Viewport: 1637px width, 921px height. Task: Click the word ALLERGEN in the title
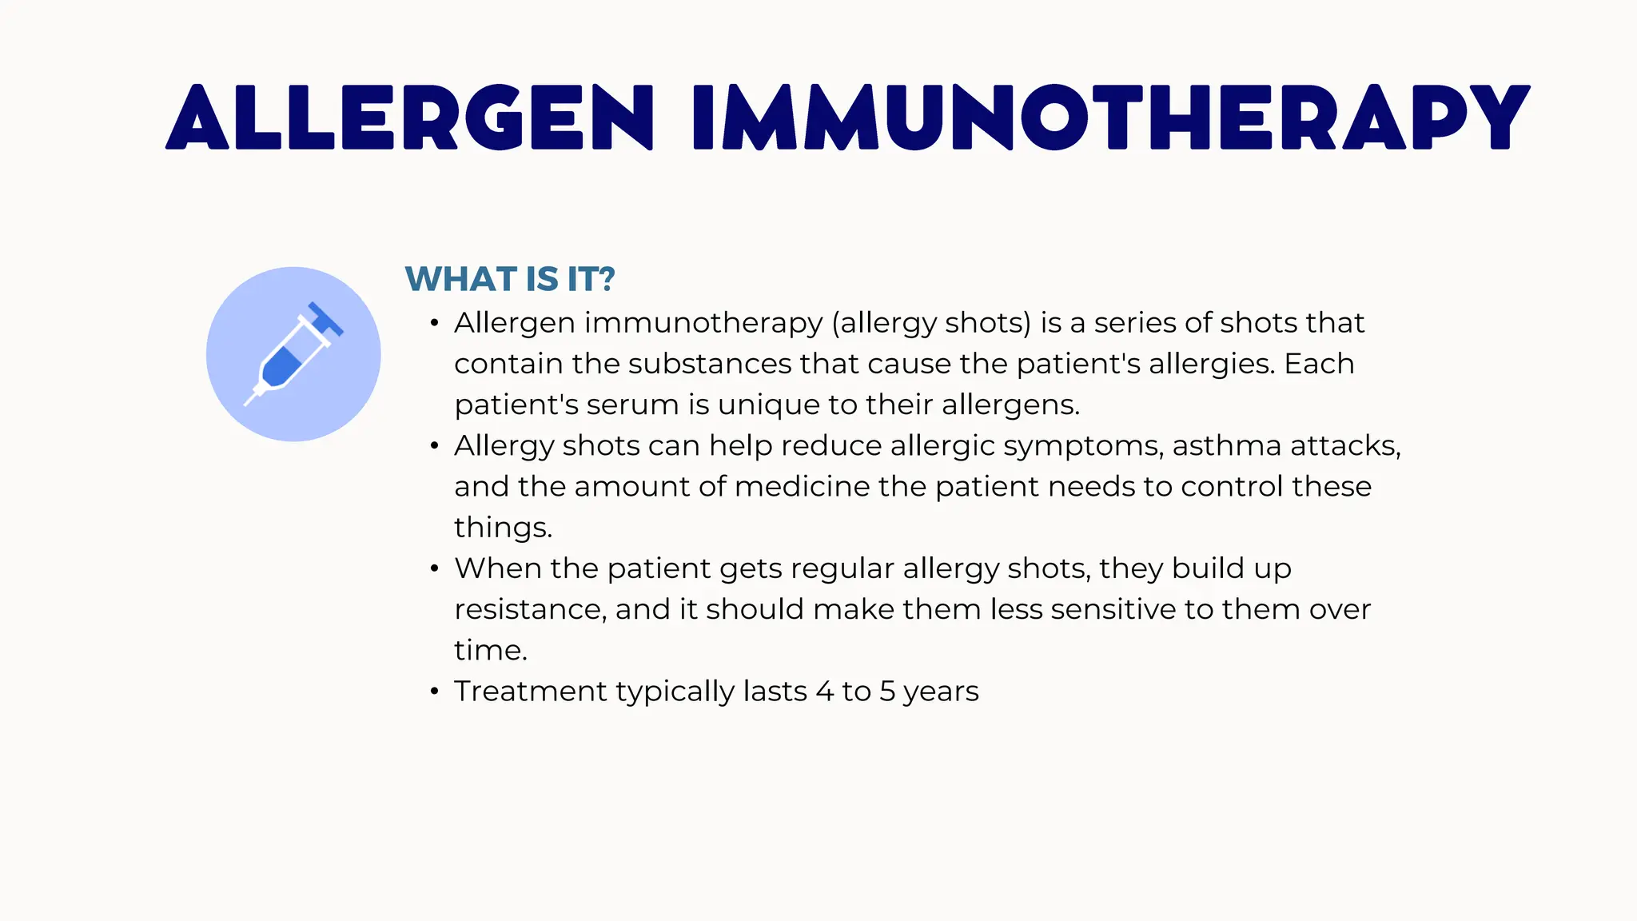409,118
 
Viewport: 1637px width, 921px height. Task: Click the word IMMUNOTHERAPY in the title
1111,118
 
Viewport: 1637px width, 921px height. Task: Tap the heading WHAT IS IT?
510,279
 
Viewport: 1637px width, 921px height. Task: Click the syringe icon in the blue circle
293,354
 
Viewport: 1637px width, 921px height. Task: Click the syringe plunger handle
326,319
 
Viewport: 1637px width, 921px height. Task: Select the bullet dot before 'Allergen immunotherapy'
434,324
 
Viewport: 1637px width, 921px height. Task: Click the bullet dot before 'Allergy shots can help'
434,446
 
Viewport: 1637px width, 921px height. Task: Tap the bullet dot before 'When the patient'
434,569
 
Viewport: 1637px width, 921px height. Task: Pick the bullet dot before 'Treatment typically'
434,692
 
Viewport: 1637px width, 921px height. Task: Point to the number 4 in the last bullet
824,692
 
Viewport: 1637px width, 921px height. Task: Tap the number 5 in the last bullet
887,692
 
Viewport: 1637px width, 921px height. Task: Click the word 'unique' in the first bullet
768,405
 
